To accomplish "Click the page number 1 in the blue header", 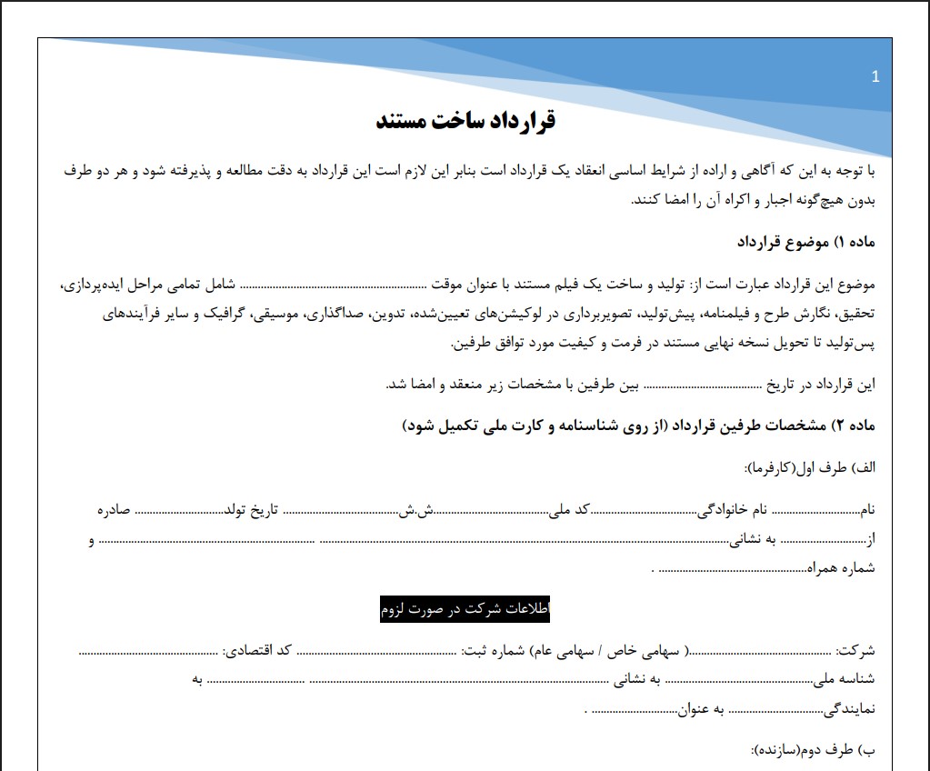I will coord(875,77).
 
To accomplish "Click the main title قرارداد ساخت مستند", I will coord(465,121).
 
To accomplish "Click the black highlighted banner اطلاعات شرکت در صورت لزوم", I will coord(465,610).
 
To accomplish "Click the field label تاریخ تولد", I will coord(250,510).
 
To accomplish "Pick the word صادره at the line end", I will coord(115,510).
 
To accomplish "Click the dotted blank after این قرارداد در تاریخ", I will coord(700,385).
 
